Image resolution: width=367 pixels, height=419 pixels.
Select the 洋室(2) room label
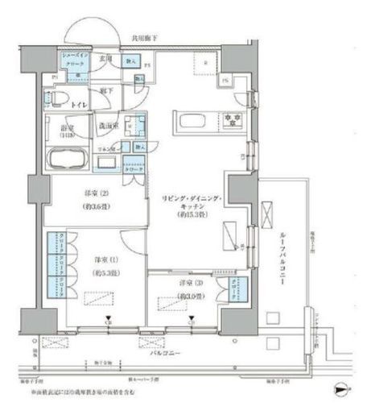point(96,199)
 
